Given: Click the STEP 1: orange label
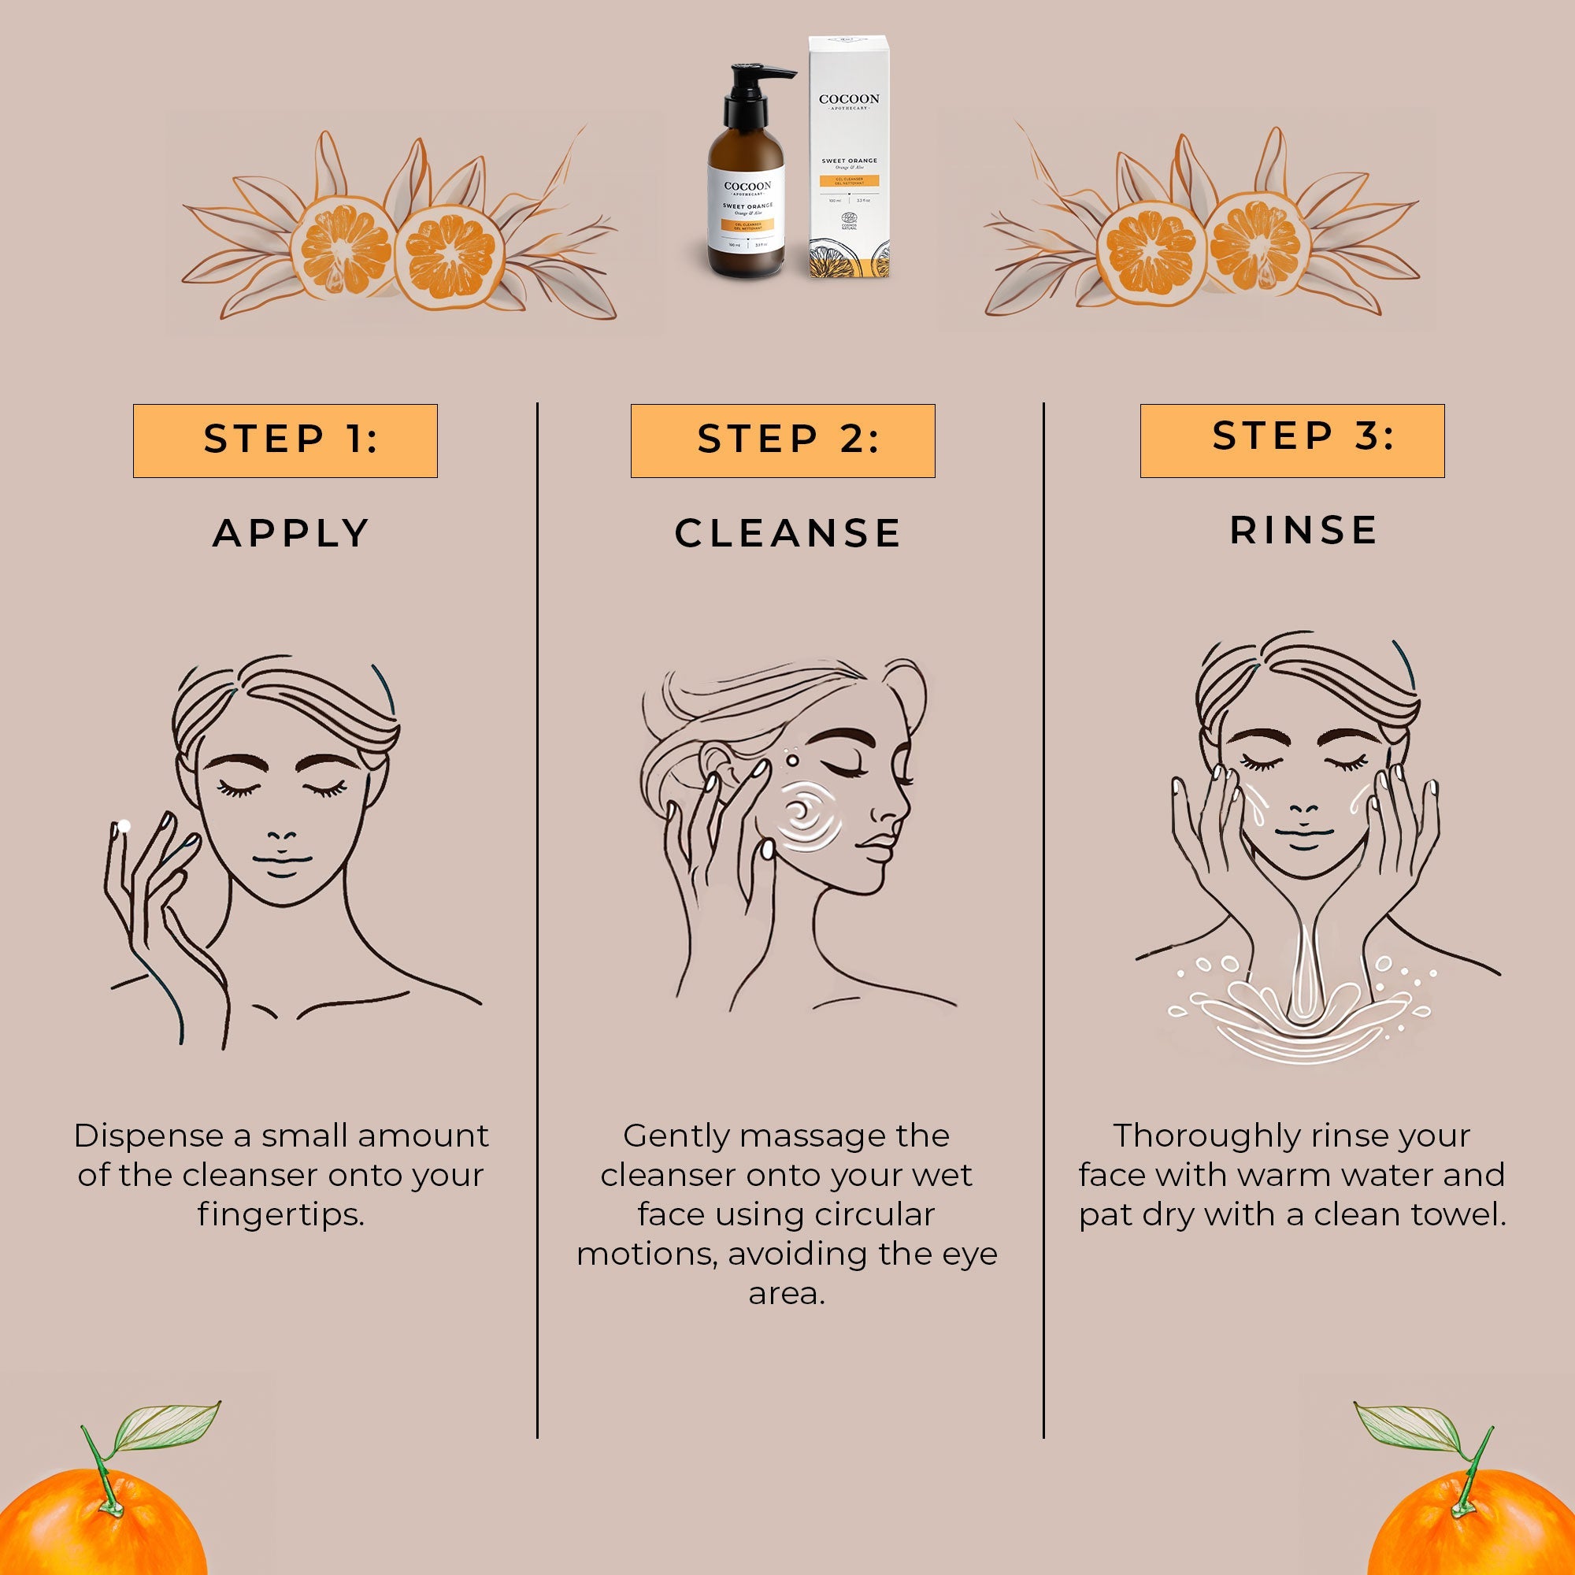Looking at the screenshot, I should click(284, 440).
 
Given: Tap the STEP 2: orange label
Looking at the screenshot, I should click(783, 440).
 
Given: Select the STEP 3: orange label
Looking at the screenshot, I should click(1291, 440).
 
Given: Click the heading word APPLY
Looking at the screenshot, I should click(291, 533).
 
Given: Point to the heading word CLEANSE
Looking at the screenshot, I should click(787, 533).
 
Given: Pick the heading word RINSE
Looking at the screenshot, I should click(1303, 530).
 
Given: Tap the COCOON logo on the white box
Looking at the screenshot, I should click(849, 99).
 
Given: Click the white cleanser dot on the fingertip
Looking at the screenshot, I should click(124, 827).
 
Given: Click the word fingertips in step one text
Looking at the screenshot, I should click(280, 1214).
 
